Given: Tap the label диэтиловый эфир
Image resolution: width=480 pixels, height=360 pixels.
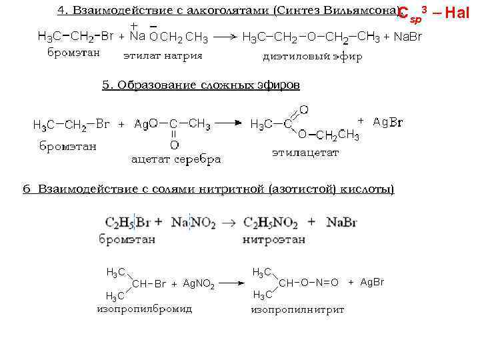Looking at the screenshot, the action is [x=313, y=56].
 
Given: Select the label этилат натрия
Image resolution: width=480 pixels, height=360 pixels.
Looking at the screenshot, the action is [x=163, y=55].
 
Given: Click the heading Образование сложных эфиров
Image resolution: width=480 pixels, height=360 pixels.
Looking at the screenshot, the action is [x=201, y=85].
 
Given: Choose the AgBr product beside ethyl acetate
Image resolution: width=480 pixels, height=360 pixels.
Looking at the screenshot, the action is [x=387, y=122].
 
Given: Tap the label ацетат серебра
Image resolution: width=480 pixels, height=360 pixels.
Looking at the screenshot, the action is [x=176, y=159].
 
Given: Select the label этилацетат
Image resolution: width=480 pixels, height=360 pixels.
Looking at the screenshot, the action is [x=305, y=153].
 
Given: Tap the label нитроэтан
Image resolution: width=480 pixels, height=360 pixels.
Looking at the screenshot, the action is [x=274, y=239].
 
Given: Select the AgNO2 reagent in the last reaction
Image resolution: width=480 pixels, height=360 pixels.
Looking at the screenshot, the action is [x=198, y=284].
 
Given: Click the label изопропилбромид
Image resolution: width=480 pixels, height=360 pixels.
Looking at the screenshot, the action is [x=144, y=309].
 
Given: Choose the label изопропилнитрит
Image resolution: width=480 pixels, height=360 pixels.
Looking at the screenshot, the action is [x=297, y=309].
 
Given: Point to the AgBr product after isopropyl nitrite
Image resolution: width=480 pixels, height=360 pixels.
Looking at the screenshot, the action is [x=372, y=283].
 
